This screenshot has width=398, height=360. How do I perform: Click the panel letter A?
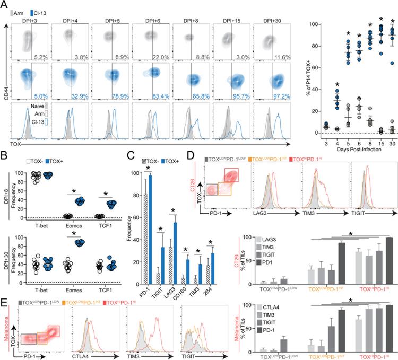tap(5, 5)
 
